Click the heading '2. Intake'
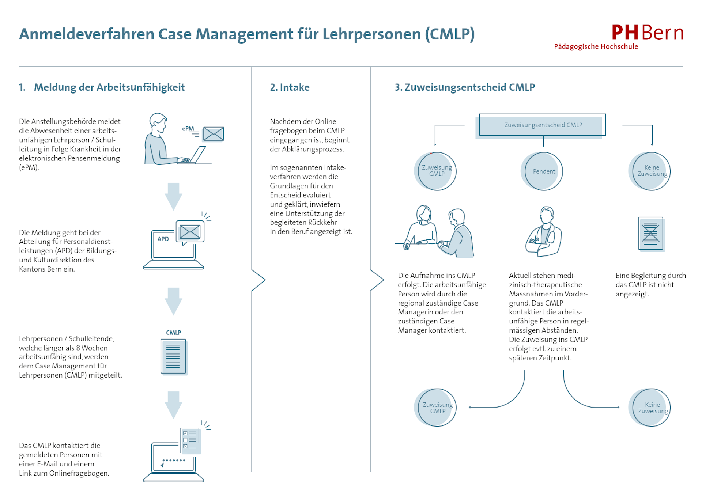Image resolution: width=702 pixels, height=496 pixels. pos(290,87)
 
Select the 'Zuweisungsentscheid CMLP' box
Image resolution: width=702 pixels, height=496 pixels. pos(543,125)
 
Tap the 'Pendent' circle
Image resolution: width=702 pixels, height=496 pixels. pos(543,171)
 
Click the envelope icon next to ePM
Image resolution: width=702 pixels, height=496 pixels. pos(214,134)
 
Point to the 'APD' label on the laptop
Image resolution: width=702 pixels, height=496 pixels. pos(163,239)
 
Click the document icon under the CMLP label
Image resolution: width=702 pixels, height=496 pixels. pos(173,356)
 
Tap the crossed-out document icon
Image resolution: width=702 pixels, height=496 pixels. pos(650,234)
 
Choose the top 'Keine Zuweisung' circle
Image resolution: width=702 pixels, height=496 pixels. pos(652,171)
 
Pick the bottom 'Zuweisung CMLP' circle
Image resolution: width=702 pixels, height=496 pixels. pos(437,408)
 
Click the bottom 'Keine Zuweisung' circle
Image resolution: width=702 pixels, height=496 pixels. pos(652,408)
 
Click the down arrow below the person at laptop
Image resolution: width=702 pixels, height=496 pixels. pos(173,196)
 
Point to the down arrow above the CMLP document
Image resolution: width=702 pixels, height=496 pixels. pos(173,301)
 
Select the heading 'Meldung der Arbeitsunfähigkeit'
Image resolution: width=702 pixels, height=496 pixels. pos(109,87)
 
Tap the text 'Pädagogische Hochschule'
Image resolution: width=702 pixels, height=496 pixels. pos(596,46)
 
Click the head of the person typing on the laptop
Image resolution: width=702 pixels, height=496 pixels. pos(158,122)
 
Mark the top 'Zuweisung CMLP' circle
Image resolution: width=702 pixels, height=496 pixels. pos(437,171)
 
